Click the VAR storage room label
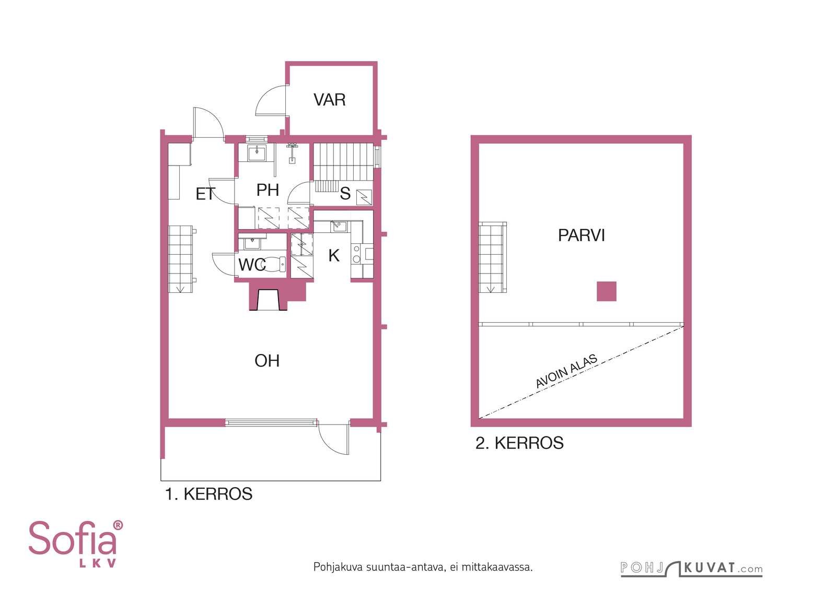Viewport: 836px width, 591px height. [x=330, y=100]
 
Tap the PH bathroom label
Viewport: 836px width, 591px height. [x=268, y=190]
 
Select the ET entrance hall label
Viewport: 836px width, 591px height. [x=206, y=194]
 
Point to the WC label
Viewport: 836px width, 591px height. [x=252, y=265]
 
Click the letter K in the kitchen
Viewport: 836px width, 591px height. [x=334, y=256]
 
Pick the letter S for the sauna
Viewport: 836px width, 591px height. [x=345, y=194]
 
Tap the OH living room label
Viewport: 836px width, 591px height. [x=267, y=361]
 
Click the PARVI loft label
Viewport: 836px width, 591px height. [x=582, y=235]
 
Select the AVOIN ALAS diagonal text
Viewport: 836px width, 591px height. [x=566, y=371]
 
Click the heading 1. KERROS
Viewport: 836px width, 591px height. [x=208, y=494]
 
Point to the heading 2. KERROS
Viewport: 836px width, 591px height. [x=519, y=443]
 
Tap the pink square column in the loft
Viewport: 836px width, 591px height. [x=607, y=291]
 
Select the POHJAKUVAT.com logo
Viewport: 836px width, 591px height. [x=692, y=569]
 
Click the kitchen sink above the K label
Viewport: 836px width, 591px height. [x=340, y=226]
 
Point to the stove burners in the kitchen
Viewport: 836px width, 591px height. [x=356, y=254]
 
